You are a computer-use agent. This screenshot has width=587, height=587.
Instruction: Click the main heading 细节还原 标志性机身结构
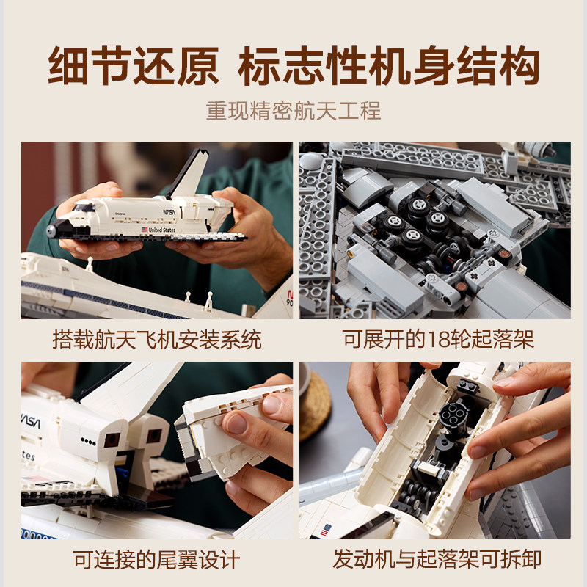293,66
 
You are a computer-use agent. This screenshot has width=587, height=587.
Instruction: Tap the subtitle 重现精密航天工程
293,111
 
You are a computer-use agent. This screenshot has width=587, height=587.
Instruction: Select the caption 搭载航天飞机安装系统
157,340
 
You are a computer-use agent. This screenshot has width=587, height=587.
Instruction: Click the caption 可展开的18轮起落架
438,339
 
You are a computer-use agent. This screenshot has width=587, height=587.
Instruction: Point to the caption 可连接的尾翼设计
156,560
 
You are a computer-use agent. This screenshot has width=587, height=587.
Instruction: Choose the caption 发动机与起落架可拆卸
437,559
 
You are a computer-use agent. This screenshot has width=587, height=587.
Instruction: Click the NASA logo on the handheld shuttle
169,212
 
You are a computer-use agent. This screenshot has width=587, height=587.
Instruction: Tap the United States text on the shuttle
162,230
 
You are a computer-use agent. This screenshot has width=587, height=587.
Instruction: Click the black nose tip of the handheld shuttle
51,231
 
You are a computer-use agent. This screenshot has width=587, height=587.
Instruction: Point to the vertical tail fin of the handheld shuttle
189,174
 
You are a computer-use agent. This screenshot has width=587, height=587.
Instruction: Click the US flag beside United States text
145,229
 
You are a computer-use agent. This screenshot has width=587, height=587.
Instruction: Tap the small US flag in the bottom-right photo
326,530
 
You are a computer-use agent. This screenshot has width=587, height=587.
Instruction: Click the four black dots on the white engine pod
88,442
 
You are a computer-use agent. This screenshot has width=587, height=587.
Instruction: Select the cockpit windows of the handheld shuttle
84,207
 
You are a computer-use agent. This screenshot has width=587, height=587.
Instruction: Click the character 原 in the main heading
197,66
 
